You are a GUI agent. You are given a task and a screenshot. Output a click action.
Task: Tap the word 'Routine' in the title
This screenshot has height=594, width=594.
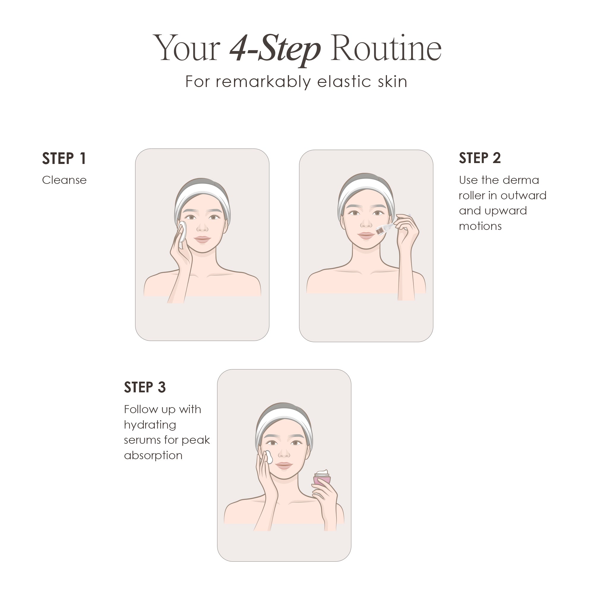pos(386,49)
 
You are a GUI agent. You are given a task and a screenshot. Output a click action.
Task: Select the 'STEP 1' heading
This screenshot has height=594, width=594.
pos(64,159)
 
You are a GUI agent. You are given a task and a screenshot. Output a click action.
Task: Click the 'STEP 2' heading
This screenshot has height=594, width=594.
pos(480,158)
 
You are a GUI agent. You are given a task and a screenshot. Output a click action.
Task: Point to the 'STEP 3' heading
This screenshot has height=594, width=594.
pos(145,387)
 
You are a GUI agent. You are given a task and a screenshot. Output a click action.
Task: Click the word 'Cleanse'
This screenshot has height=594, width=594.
pos(64,180)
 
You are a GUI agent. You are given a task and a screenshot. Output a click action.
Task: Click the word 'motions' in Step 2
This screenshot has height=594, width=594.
pos(480,226)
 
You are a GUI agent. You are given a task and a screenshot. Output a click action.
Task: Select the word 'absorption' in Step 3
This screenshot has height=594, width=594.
pos(153,455)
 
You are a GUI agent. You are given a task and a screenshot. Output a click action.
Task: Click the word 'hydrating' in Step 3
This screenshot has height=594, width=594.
pos(150,425)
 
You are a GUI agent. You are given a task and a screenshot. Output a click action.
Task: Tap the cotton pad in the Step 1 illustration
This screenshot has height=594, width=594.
pos(182,231)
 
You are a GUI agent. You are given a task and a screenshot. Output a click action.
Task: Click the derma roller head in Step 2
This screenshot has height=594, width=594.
pos(381,230)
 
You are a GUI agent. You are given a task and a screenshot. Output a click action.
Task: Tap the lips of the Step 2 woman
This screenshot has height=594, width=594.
pos(366,236)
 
